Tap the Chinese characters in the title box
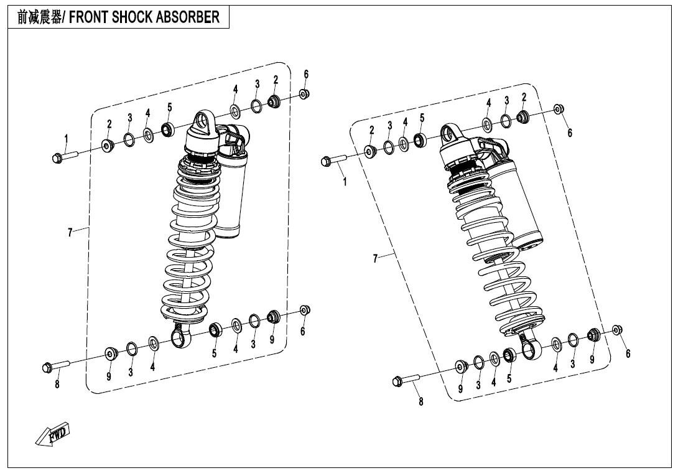point(39,17)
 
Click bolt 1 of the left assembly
point(63,156)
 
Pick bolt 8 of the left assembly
point(56,366)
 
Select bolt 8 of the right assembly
point(406,380)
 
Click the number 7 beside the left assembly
point(70,232)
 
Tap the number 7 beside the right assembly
point(375,258)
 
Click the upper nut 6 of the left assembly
point(304,94)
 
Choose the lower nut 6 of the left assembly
point(305,311)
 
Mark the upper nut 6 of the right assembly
point(559,109)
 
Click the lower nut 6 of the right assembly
point(618,330)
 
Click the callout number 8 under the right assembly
point(421,401)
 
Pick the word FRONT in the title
point(88,17)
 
